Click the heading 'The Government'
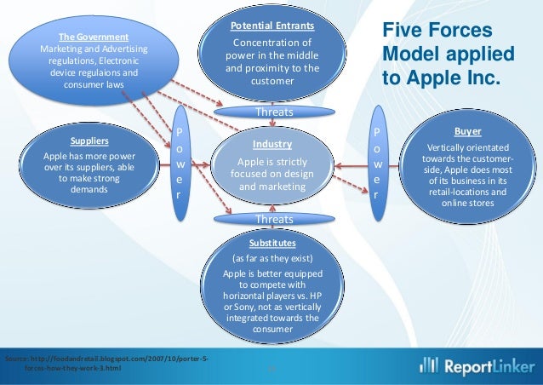click(93, 37)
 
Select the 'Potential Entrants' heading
click(271, 27)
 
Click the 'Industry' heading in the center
click(271, 144)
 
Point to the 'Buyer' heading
click(467, 133)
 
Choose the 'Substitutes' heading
click(272, 242)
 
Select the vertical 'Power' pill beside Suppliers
click(179, 163)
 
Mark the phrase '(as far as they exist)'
click(272, 257)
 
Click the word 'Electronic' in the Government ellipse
click(123, 61)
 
